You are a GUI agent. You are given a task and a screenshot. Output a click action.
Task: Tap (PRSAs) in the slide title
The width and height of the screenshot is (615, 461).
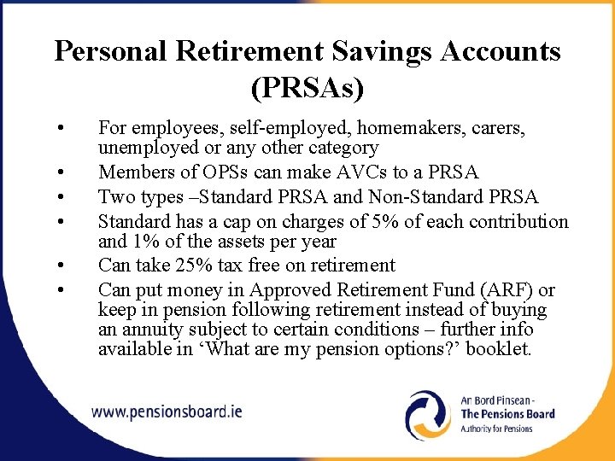[307, 85]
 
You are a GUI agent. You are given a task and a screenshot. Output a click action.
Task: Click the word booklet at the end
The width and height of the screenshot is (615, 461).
[501, 349]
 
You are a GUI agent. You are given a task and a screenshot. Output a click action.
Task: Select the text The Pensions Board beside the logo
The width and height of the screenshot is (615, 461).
[507, 414]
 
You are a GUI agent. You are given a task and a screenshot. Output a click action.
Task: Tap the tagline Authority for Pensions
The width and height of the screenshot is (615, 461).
[496, 429]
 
